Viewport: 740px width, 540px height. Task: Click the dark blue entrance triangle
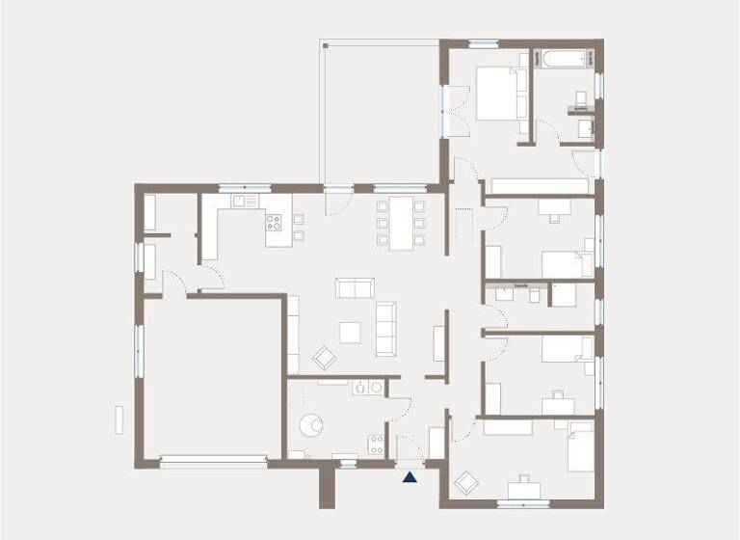pyautogui.click(x=410, y=475)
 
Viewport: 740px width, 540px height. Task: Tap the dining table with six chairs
pyautogui.click(x=400, y=223)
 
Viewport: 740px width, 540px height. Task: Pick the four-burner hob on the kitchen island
pyautogui.click(x=275, y=223)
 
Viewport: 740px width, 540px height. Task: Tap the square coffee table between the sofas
pyautogui.click(x=351, y=332)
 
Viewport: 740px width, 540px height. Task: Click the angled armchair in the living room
pyautogui.click(x=325, y=356)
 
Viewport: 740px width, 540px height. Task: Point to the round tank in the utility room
pyautogui.click(x=313, y=423)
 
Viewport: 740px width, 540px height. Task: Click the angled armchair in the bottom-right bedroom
pyautogui.click(x=467, y=481)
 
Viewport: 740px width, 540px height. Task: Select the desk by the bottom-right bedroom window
pyautogui.click(x=526, y=489)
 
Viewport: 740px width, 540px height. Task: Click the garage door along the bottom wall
pyautogui.click(x=213, y=461)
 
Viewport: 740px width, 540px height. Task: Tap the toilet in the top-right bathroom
pyautogui.click(x=582, y=98)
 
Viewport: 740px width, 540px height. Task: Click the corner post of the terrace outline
pyautogui.click(x=325, y=43)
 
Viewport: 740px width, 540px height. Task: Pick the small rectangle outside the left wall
pyautogui.click(x=119, y=420)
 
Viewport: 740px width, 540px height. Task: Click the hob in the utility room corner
pyautogui.click(x=376, y=444)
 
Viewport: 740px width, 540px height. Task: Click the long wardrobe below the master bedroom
pyautogui.click(x=540, y=185)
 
